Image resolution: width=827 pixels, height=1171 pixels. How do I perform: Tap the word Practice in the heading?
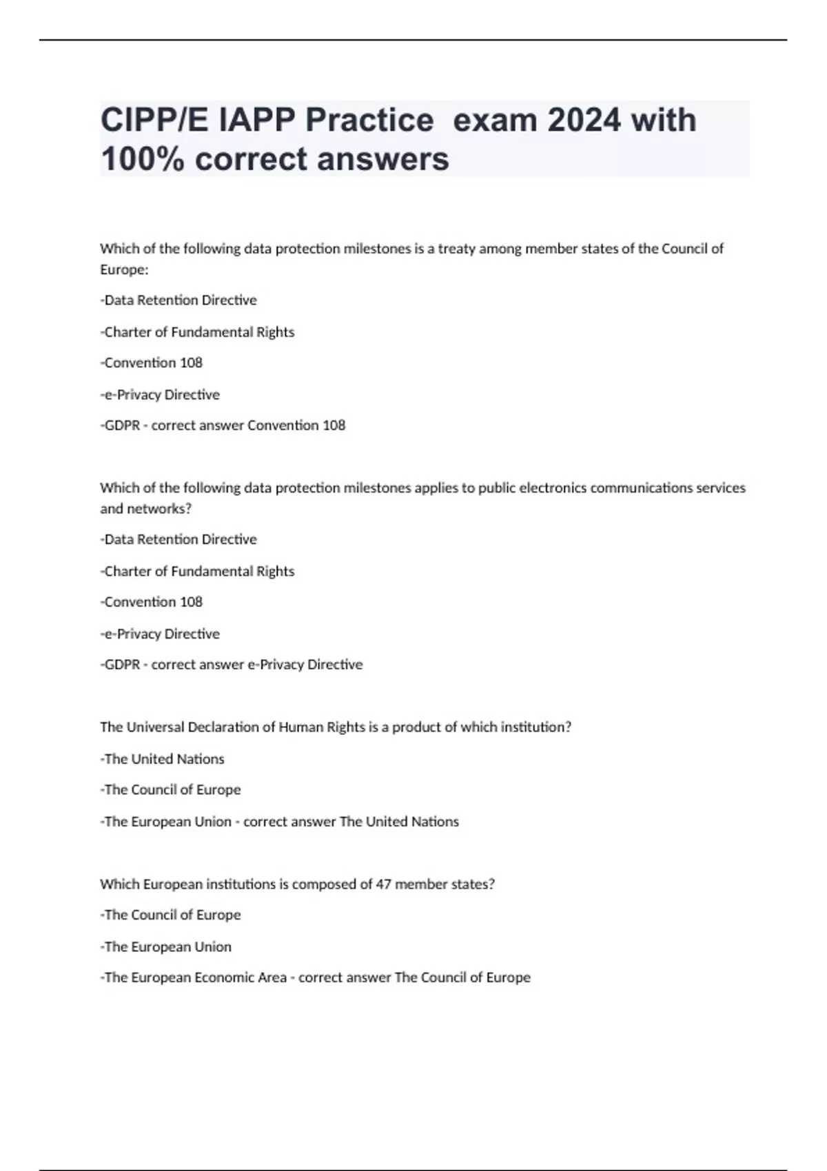click(x=369, y=121)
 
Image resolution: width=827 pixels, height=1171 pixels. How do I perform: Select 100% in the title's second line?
click(x=142, y=159)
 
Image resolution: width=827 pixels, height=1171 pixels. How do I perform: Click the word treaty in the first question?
click(x=456, y=249)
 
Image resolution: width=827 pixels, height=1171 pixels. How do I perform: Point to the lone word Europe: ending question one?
click(x=124, y=269)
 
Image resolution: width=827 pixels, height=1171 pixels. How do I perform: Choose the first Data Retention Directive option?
click(x=178, y=300)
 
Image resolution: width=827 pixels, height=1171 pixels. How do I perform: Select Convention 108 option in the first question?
click(x=152, y=363)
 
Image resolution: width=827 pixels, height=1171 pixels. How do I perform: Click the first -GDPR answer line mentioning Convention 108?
click(x=223, y=426)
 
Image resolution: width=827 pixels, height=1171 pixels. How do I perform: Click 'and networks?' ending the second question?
click(x=145, y=509)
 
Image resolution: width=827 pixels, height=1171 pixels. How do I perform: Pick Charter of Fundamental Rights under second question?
click(x=198, y=571)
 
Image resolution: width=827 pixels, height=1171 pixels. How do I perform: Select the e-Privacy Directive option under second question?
click(x=160, y=634)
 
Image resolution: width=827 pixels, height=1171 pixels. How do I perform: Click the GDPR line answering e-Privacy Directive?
click(x=232, y=665)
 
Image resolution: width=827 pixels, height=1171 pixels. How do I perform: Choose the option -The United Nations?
click(x=163, y=759)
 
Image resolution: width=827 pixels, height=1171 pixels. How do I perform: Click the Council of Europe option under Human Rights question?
click(x=171, y=790)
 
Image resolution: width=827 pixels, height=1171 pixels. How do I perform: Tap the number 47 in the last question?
click(x=383, y=884)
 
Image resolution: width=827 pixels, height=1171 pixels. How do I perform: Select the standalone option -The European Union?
click(x=166, y=947)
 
